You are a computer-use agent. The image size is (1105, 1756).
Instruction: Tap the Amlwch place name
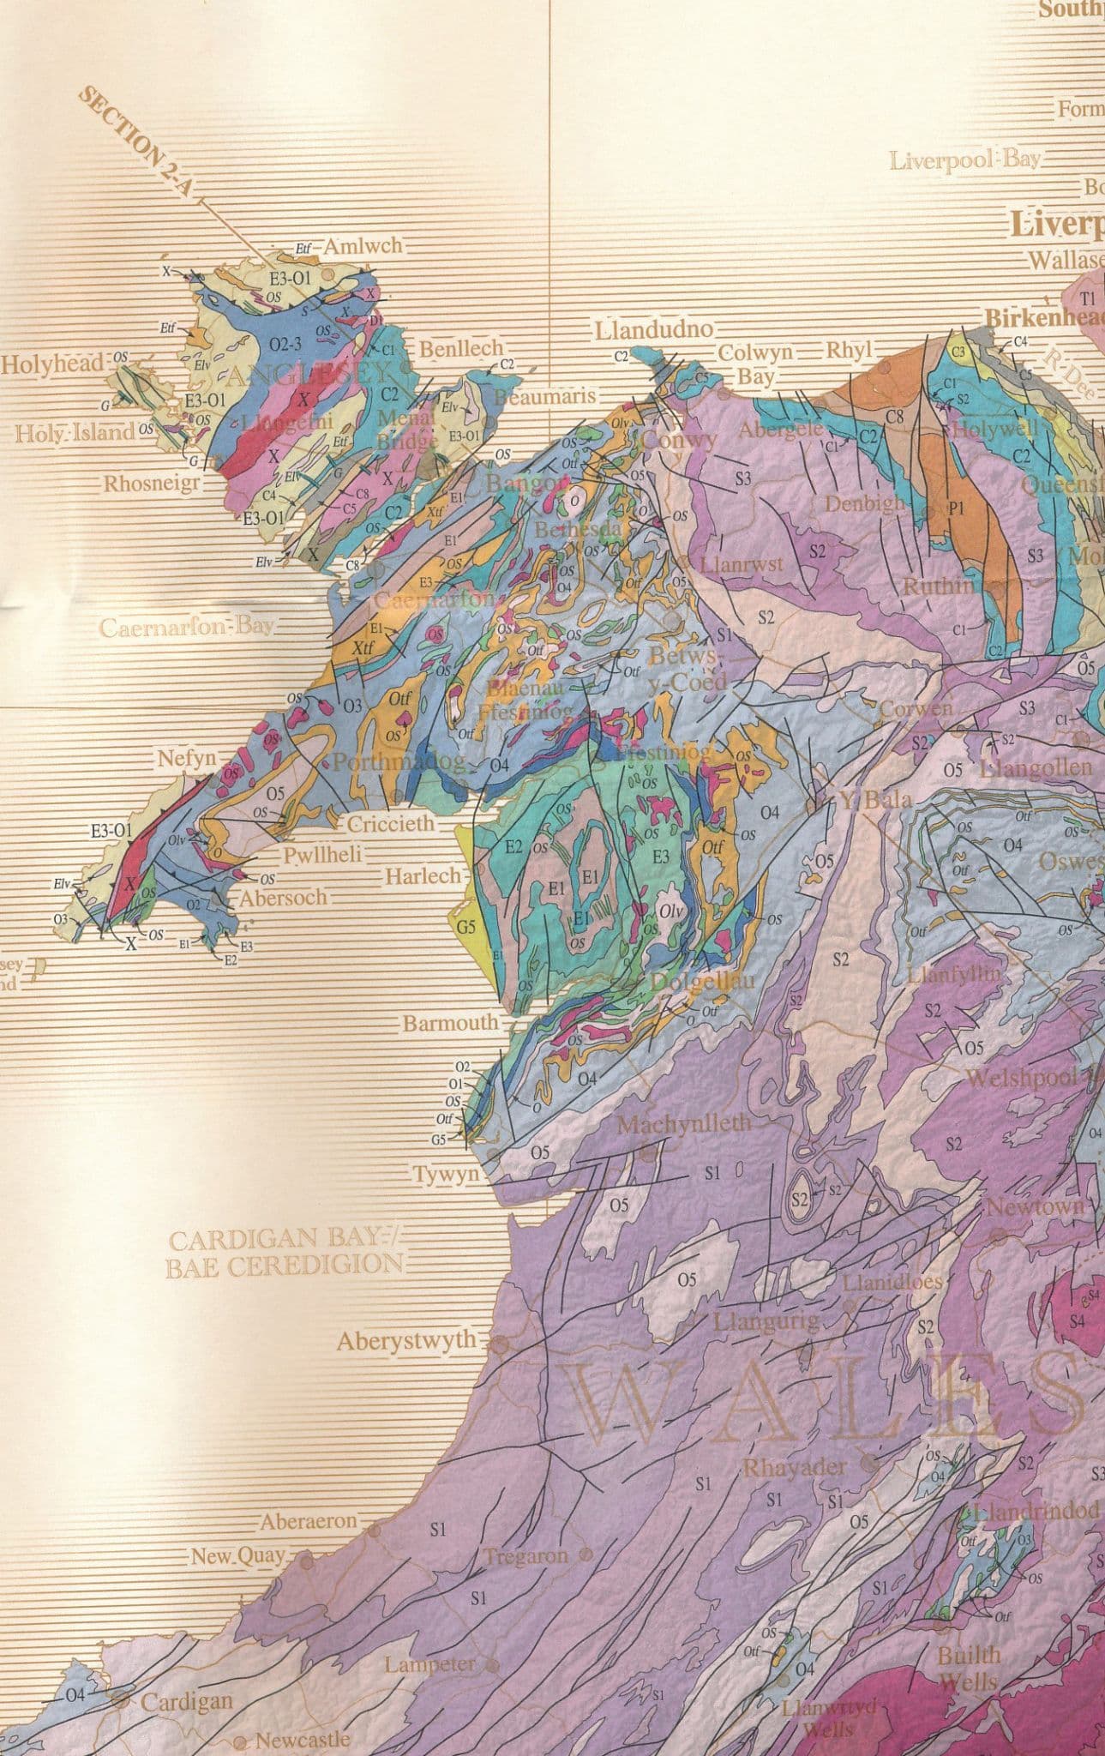[x=362, y=246]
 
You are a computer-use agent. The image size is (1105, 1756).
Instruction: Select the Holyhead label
[x=51, y=363]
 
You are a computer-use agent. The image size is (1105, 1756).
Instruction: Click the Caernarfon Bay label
[x=187, y=626]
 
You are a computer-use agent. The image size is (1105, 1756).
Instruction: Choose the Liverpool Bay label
[x=964, y=160]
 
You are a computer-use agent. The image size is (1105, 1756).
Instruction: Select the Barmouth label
[x=450, y=1022]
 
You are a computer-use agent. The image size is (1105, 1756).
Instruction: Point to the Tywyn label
[x=446, y=1174]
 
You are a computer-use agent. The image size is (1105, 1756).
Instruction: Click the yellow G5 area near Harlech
[x=465, y=927]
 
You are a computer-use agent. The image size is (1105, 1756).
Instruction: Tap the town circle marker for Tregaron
[x=586, y=1555]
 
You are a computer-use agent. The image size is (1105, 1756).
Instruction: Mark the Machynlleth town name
[x=683, y=1122]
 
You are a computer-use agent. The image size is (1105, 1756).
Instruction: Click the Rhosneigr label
[x=152, y=484]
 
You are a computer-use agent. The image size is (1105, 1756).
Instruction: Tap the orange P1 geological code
[x=956, y=508]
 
